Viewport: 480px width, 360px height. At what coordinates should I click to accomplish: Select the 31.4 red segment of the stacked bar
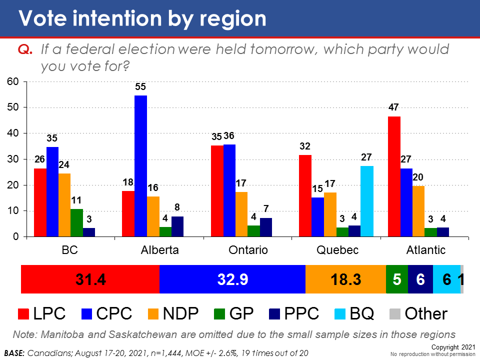(90, 279)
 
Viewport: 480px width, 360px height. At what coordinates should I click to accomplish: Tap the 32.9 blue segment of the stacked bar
(232, 279)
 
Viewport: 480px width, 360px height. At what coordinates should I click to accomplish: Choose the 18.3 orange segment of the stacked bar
(345, 279)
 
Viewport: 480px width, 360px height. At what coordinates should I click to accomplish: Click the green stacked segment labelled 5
(397, 279)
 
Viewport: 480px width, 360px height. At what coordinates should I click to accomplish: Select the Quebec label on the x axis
(338, 250)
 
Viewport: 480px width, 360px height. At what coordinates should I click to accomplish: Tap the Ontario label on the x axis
(249, 250)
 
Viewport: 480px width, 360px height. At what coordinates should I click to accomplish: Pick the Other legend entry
(425, 313)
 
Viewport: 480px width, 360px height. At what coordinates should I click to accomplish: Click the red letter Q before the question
(24, 49)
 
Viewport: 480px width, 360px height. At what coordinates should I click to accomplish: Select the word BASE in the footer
(14, 353)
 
